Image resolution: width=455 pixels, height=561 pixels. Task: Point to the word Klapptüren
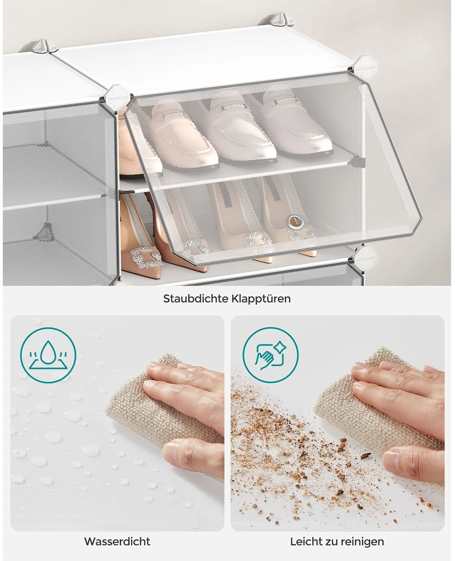click(264, 299)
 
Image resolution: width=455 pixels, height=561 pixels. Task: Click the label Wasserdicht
click(117, 541)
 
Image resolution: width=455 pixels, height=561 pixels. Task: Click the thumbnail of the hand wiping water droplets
click(117, 423)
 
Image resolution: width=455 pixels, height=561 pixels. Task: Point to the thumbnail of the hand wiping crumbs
click(337, 423)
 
